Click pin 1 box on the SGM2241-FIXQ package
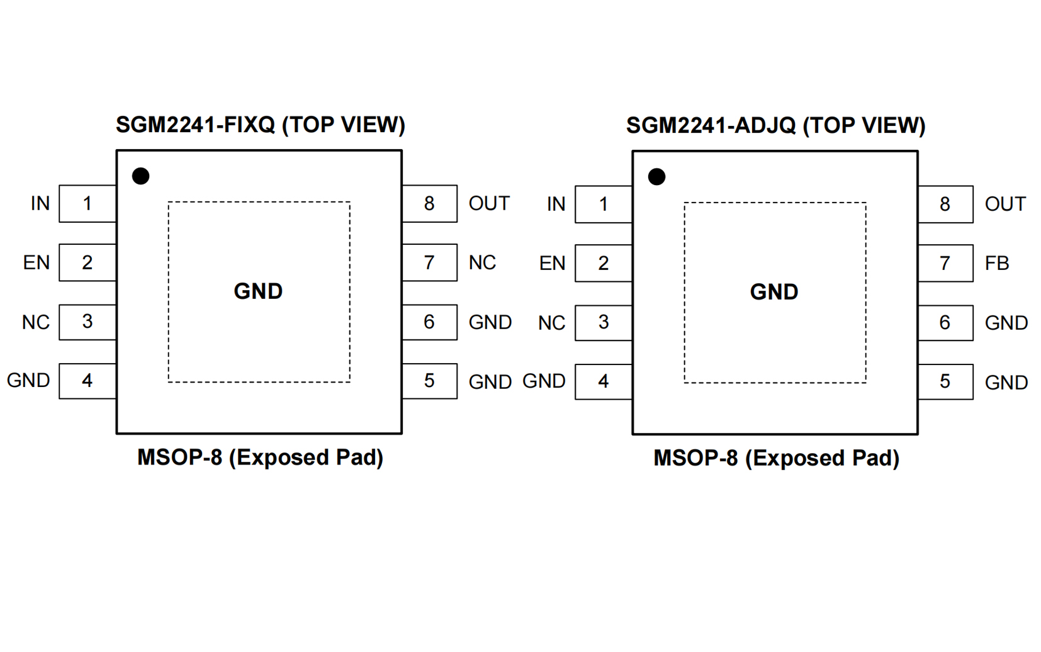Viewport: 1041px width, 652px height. tap(87, 203)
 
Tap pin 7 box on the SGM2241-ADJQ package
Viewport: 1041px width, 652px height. tap(945, 263)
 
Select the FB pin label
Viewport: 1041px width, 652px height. tap(997, 263)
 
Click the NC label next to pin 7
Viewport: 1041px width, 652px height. tap(482, 262)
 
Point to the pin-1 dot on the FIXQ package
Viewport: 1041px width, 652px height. tap(140, 176)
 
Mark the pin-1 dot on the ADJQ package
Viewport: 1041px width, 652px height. tap(656, 177)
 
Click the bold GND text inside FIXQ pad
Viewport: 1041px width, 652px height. tap(258, 291)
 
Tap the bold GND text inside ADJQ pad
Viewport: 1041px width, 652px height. tap(774, 292)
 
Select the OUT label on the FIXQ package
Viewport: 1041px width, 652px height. tap(489, 203)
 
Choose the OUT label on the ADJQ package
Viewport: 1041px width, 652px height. tap(1005, 204)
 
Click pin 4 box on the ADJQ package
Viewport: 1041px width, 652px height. tap(604, 381)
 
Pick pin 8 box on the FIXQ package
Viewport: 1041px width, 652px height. tap(429, 203)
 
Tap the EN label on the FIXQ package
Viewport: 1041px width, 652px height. tap(37, 262)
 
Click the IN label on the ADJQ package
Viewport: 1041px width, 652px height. tap(556, 204)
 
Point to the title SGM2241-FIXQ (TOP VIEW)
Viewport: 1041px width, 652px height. tap(260, 125)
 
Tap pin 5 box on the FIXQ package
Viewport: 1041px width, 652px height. tap(429, 381)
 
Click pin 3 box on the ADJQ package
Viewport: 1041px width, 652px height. tap(604, 322)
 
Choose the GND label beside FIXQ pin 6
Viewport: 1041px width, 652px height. tap(490, 322)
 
